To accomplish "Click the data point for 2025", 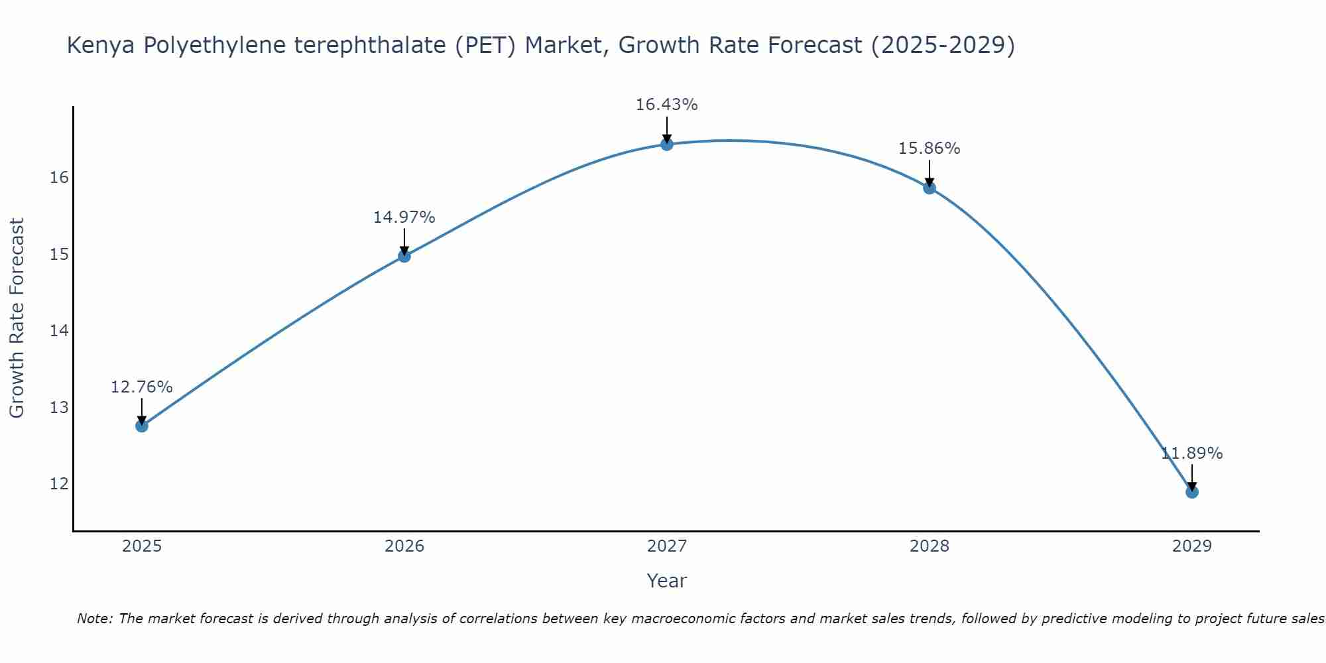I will pyautogui.click(x=141, y=426).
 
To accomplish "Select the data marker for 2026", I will pyautogui.click(x=404, y=256).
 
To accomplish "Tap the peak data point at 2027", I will pyautogui.click(x=667, y=144).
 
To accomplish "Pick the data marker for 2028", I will pyautogui.click(x=930, y=188).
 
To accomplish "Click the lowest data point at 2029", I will pyautogui.click(x=1191, y=492).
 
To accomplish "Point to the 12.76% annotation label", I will pyautogui.click(x=141, y=387).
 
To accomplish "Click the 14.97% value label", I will pyautogui.click(x=404, y=217).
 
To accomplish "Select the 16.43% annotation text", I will pyautogui.click(x=666, y=105).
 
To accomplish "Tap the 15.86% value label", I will pyautogui.click(x=929, y=149).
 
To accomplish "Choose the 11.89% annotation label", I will pyautogui.click(x=1191, y=453).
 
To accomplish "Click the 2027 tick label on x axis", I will pyautogui.click(x=667, y=546).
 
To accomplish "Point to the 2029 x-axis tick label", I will pyautogui.click(x=1191, y=546).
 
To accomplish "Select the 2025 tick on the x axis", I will pyautogui.click(x=142, y=546).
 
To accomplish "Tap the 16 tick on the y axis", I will pyautogui.click(x=59, y=178).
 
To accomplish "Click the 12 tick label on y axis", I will pyautogui.click(x=59, y=484).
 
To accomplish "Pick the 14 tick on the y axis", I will pyautogui.click(x=59, y=331).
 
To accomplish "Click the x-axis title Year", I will pyautogui.click(x=666, y=581).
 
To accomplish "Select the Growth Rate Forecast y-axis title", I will pyautogui.click(x=17, y=318).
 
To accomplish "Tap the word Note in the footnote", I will pyautogui.click(x=94, y=619).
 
